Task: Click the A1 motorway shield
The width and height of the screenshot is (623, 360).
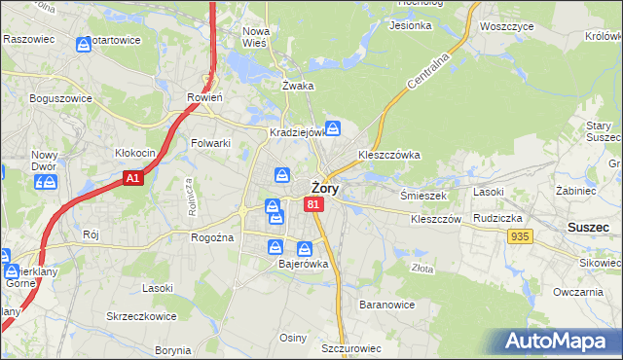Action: [134, 178]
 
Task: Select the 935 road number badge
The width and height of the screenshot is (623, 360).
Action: [520, 236]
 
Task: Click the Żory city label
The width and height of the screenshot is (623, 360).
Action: [324, 189]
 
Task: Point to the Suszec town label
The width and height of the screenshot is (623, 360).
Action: [586, 227]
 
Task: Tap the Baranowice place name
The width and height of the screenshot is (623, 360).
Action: [386, 305]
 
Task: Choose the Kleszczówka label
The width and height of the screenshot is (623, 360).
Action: [388, 155]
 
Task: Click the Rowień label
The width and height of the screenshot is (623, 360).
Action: [204, 97]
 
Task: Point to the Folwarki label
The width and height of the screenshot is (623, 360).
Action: [210, 143]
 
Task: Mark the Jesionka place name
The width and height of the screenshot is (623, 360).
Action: [410, 25]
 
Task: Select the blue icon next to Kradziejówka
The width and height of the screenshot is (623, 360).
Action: [333, 127]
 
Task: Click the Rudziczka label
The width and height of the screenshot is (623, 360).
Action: [498, 218]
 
